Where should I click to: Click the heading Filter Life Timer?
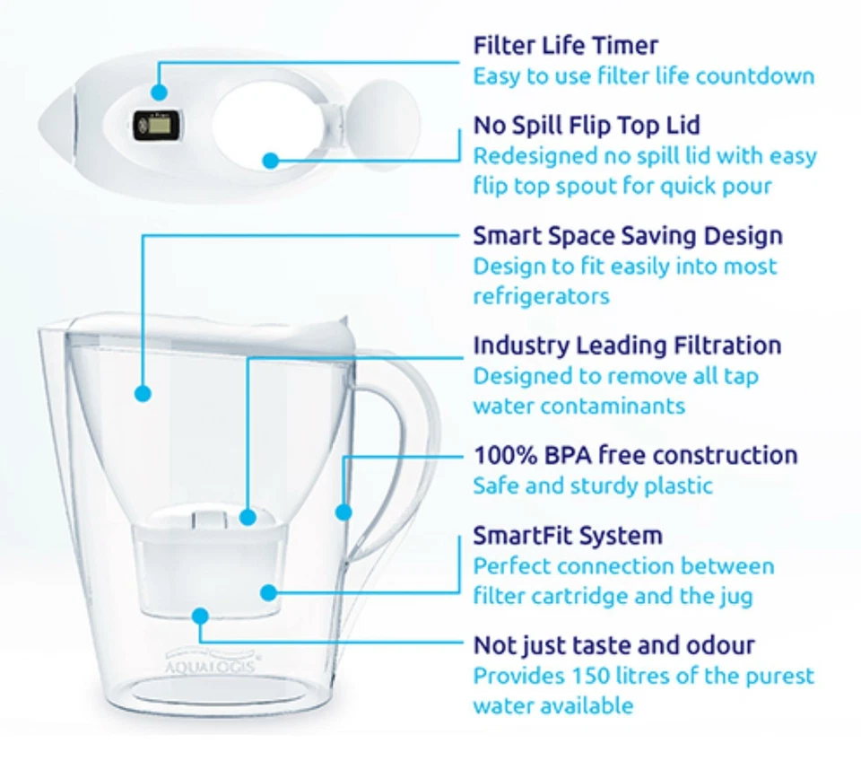tap(565, 46)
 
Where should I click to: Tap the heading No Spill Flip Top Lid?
tap(587, 125)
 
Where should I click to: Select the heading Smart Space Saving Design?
tap(627, 236)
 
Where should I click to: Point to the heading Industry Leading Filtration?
tap(627, 346)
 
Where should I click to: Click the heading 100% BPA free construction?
tap(635, 455)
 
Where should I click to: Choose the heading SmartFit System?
tap(567, 536)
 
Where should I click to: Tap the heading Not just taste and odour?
tap(613, 644)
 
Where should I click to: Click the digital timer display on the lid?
tap(152, 126)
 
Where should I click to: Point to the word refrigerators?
tap(541, 296)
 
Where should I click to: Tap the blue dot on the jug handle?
tap(343, 512)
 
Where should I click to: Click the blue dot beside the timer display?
tap(159, 92)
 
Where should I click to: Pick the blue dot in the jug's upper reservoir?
tap(142, 392)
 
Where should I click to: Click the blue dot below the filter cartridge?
tap(199, 616)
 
